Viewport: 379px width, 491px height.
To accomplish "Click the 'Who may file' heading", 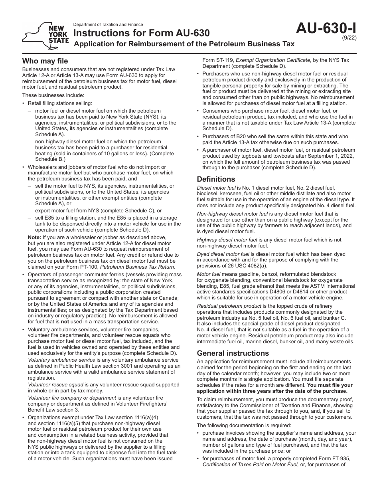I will coord(45,61).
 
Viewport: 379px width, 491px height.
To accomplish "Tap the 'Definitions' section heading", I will coord(216,179).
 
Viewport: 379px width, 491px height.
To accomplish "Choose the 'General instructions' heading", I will coord(233,353).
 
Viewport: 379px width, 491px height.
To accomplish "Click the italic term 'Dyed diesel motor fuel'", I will coord(223,254).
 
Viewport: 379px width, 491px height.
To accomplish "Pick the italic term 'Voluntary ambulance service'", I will coord(61,360).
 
